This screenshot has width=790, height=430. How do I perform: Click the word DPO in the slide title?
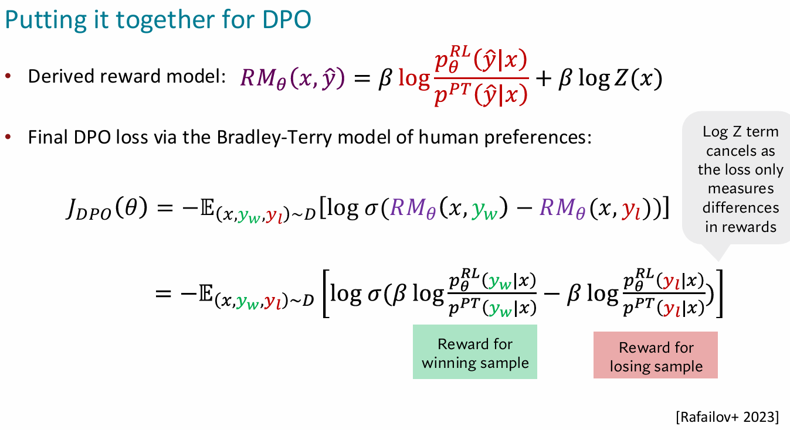click(x=286, y=19)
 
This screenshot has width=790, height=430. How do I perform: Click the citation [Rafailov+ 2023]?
click(x=727, y=417)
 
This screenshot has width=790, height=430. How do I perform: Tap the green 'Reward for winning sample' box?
click(x=474, y=352)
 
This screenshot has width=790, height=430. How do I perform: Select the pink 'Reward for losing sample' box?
click(x=655, y=355)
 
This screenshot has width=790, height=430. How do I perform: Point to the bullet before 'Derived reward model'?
click(x=8, y=76)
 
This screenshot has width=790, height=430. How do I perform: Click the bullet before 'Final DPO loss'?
click(x=8, y=136)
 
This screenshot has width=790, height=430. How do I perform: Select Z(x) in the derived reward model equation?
click(x=638, y=78)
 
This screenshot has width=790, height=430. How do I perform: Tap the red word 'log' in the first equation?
click(x=414, y=78)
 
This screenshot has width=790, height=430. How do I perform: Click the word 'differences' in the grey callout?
click(x=741, y=208)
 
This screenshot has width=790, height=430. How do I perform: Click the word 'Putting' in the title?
click(x=46, y=21)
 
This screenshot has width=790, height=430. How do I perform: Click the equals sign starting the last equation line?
click(x=163, y=294)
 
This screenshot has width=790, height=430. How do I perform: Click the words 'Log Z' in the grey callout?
click(x=722, y=132)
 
